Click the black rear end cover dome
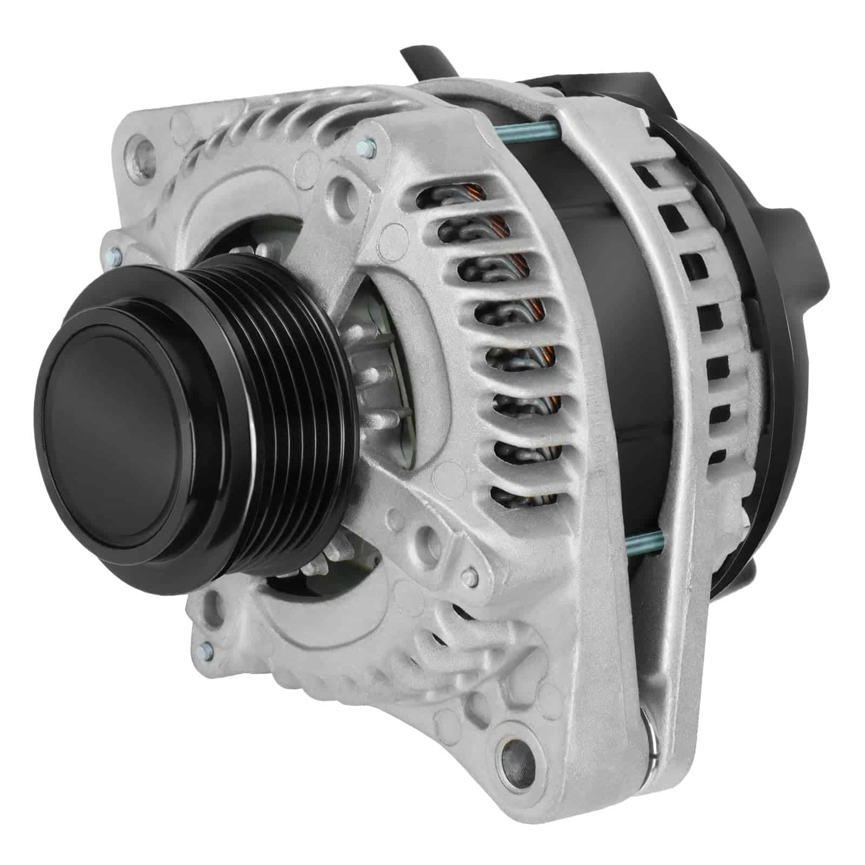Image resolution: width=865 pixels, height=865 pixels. click(768, 324)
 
